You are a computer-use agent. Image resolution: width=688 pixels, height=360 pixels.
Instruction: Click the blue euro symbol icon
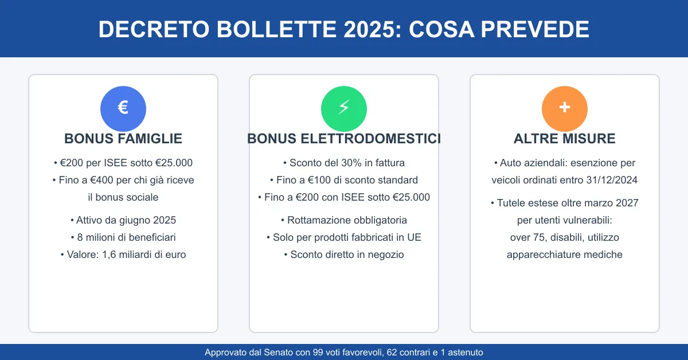(x=123, y=109)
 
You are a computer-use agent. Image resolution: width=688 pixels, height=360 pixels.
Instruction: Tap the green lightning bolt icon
(x=343, y=109)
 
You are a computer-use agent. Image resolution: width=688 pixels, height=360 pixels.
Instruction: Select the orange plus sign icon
(x=565, y=109)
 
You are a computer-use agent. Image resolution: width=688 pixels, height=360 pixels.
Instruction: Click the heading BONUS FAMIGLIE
(x=123, y=139)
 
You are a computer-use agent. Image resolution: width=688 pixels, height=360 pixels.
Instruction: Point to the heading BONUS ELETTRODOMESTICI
(x=344, y=139)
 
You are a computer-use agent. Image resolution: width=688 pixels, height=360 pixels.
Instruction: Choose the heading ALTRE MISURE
(x=565, y=139)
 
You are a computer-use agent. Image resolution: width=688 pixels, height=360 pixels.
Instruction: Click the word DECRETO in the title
(x=154, y=29)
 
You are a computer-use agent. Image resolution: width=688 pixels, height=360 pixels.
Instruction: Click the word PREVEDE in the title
(x=535, y=29)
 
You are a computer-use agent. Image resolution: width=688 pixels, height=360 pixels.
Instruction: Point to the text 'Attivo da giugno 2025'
(x=126, y=220)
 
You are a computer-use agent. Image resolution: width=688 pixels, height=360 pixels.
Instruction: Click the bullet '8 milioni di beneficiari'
(x=126, y=237)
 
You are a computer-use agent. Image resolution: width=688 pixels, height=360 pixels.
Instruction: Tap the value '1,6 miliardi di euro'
(x=144, y=255)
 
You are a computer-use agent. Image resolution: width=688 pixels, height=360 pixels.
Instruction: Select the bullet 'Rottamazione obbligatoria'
(x=347, y=220)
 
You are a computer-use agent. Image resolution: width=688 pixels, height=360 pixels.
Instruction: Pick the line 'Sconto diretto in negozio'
(x=347, y=255)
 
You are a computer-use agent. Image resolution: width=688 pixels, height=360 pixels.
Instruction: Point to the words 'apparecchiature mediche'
(x=565, y=255)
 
